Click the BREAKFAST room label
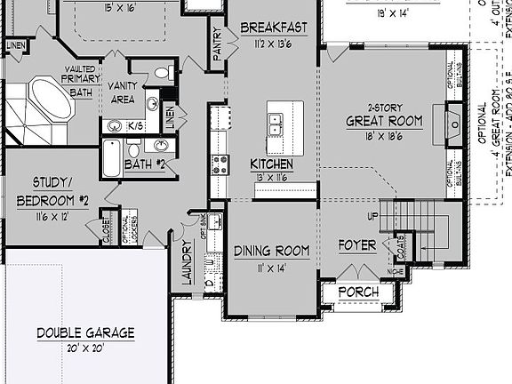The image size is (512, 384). [x=273, y=28]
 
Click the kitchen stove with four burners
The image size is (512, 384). [x=220, y=164]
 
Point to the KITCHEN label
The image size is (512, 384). [x=271, y=164]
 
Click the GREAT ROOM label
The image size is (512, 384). [x=383, y=121]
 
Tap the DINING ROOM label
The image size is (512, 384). [x=272, y=252]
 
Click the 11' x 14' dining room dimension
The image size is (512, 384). [x=272, y=267]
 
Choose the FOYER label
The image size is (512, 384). [x=358, y=244]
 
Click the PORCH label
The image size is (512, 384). [x=358, y=292]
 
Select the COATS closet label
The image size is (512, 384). [x=401, y=241]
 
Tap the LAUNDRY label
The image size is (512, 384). [x=188, y=262]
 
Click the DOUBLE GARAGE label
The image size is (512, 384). [x=86, y=333]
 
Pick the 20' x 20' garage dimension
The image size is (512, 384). [x=86, y=348]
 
